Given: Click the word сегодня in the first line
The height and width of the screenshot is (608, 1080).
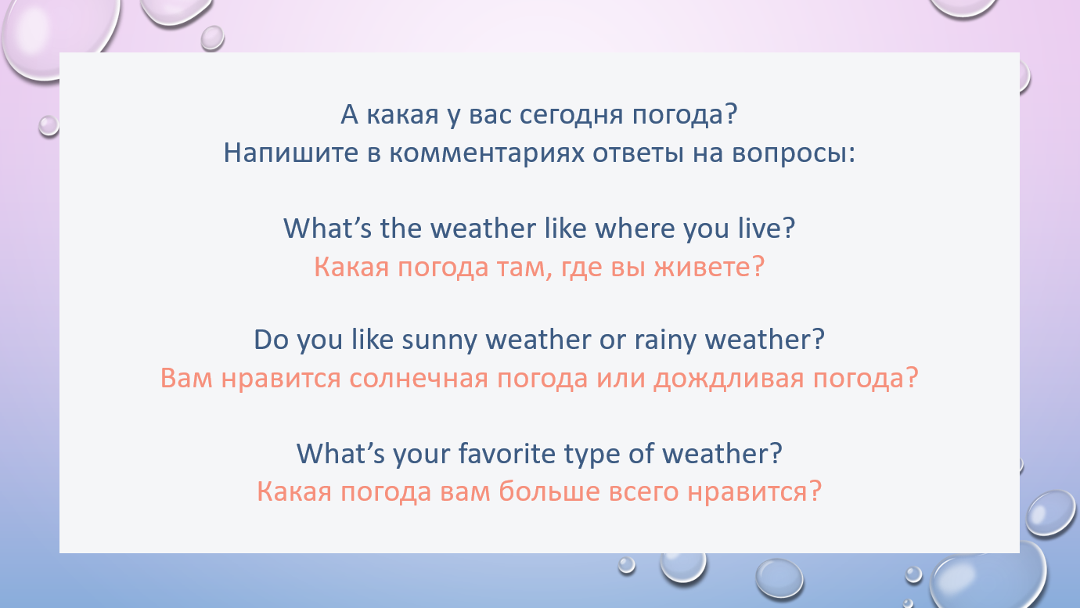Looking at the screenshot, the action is pos(571,116).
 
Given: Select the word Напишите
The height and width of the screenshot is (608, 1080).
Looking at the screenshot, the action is pos(291,153).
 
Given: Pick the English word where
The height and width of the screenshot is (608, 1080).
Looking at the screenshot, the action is pos(635,228).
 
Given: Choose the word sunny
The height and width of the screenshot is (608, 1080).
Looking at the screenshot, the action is pos(439,340).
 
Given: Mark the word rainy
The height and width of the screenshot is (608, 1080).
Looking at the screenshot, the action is pos(665,340).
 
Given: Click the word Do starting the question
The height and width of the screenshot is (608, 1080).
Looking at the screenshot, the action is pos(271,340).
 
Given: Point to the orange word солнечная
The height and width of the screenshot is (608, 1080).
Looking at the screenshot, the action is pos(419,379).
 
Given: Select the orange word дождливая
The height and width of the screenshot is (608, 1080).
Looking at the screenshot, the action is pos(729,379).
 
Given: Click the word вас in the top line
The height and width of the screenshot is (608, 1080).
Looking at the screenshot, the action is pos(490,116).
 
